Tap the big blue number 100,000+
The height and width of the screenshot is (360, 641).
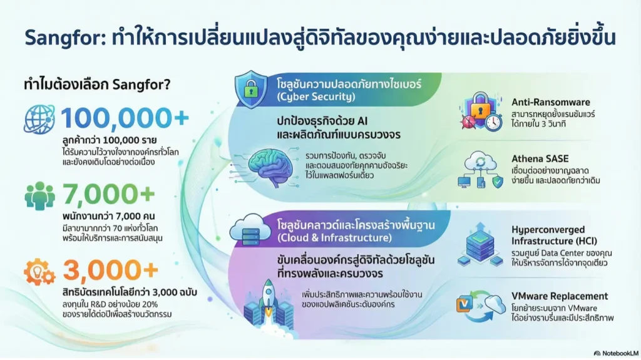coord(125,118)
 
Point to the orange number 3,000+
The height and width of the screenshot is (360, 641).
coord(111,270)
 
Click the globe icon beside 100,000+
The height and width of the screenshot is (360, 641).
coord(39,120)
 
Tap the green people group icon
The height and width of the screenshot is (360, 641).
coord(39,196)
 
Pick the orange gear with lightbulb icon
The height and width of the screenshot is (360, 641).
coord(39,272)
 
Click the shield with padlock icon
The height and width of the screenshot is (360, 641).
coord(251,89)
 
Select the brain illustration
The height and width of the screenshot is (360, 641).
coord(270,168)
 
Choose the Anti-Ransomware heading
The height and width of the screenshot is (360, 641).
coord(551,102)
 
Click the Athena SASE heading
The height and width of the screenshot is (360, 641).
coord(540,159)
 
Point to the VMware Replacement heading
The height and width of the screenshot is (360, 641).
coord(560,296)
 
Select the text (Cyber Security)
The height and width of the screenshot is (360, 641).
coord(316,97)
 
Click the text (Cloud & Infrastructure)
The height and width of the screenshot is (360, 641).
coord(334,238)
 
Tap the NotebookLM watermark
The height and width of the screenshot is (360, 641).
coord(616,353)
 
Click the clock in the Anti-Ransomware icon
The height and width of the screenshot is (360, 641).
coord(494,122)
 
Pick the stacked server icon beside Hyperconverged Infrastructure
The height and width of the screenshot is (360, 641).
coord(480,245)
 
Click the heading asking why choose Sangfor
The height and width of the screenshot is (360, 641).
coord(97,85)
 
